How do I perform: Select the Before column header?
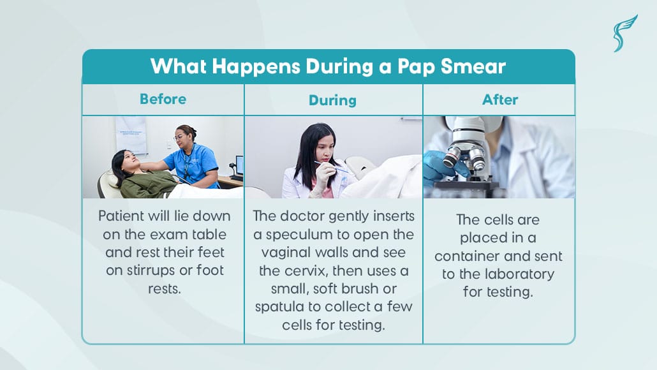[x=163, y=99]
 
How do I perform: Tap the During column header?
[x=332, y=100]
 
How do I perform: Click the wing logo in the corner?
[x=624, y=33]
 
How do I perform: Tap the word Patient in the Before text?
[x=121, y=216]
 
